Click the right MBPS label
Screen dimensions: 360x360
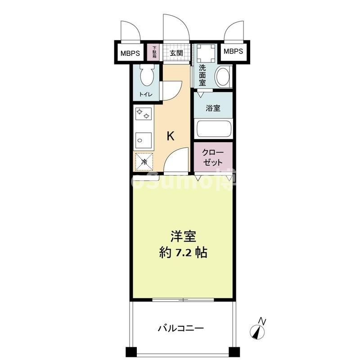point(233,51)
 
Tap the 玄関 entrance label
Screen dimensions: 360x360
point(176,53)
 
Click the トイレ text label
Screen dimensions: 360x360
point(145,94)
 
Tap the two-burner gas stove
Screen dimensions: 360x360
point(144,114)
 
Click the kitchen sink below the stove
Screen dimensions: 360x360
point(144,141)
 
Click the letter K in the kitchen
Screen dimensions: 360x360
point(171,136)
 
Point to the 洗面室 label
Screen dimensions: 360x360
point(202,75)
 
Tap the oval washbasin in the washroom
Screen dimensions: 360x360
point(222,76)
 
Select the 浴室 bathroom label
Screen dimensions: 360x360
point(213,108)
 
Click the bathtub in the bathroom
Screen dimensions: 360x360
point(214,130)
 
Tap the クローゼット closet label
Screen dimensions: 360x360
point(213,157)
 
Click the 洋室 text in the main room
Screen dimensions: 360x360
point(183,237)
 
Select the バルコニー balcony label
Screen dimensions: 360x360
point(181,328)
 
